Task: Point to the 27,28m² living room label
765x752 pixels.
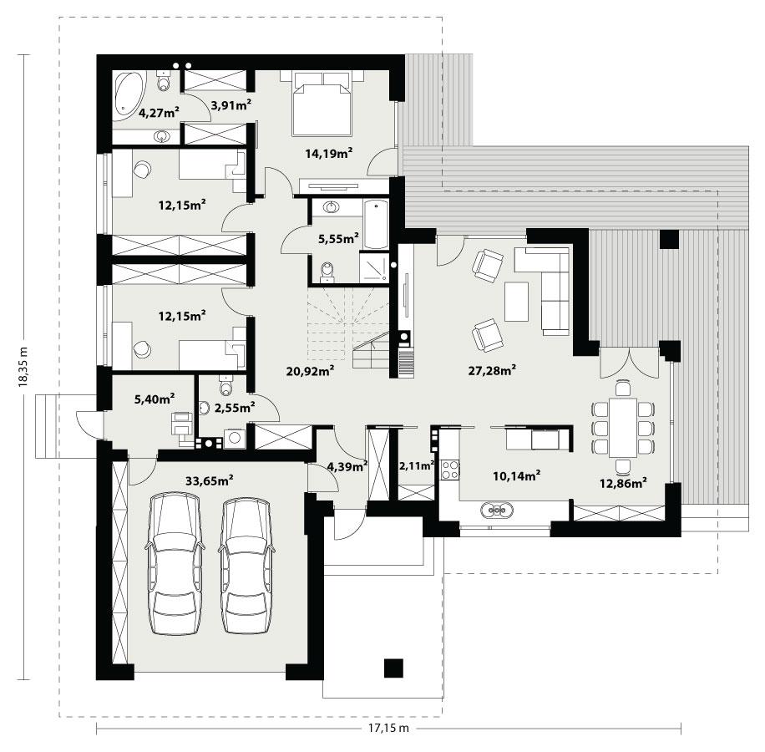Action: pos(490,369)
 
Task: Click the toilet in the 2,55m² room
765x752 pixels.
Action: pos(225,386)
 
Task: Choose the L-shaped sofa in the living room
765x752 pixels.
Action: pos(547,284)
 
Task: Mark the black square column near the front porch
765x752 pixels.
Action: pos(393,668)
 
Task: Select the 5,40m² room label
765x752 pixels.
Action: pos(155,399)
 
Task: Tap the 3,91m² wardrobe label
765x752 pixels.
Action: pos(231,105)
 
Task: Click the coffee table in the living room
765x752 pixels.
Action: pos(516,302)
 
